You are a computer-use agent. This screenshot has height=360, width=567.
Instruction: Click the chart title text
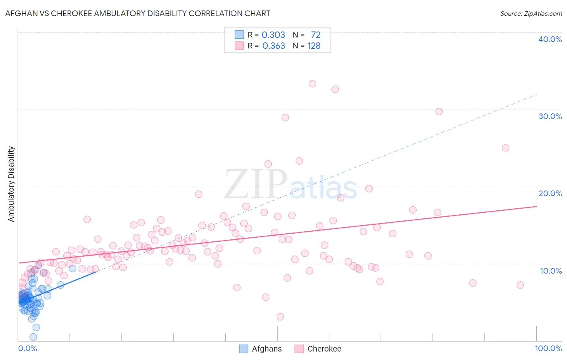point(138,13)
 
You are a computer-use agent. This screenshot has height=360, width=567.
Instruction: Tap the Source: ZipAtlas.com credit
point(531,13)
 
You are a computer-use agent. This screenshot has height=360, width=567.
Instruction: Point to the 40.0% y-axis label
point(550,39)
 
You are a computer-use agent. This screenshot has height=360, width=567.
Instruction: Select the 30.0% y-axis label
point(550,116)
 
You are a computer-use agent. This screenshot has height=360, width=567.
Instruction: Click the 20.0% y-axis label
point(550,193)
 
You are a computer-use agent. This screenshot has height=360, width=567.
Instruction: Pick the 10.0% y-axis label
point(551,271)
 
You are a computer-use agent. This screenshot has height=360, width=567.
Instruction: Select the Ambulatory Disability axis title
point(11,184)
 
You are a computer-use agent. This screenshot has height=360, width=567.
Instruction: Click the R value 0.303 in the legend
point(273,35)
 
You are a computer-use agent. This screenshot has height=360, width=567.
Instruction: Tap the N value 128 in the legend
point(314,46)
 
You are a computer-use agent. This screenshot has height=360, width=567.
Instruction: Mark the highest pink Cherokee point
point(312,84)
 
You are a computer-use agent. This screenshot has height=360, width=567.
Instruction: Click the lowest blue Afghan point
point(33,337)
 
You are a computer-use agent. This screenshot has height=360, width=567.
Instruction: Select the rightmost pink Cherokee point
point(520,285)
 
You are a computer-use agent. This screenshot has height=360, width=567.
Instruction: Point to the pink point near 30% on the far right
point(439,111)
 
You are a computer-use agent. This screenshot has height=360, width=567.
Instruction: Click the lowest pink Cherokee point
point(280,317)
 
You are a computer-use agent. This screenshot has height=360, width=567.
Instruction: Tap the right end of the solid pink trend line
point(536,206)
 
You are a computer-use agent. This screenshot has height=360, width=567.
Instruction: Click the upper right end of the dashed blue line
point(536,94)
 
